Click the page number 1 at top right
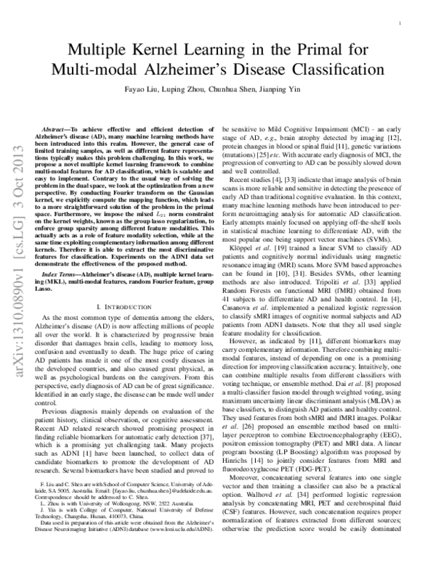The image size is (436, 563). coord(401,24)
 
